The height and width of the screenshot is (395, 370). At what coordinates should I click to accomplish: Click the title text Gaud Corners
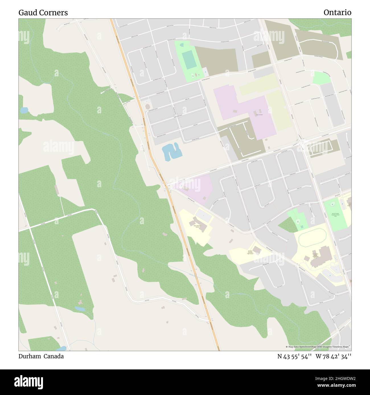pos(43,13)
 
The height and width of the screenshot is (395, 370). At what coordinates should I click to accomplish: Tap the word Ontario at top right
pos(337,13)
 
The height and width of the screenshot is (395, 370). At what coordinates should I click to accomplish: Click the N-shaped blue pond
pos(171,151)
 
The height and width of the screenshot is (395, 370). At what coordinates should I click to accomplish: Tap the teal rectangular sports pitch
pos(187,60)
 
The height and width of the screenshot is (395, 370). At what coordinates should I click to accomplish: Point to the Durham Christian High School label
pos(250,252)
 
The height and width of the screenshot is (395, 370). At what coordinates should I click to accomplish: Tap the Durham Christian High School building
pos(257,250)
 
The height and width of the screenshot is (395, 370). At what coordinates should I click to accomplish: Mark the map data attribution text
pos(318,347)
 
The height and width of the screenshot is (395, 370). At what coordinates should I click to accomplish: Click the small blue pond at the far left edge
pos(24,110)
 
